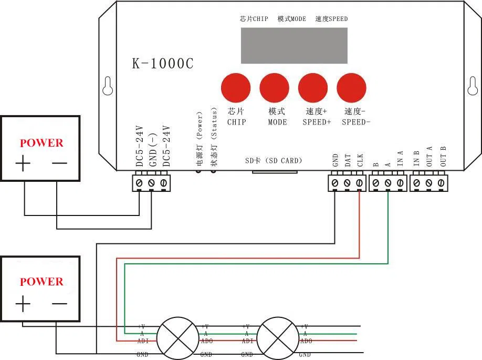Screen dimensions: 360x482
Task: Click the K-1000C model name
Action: click(162, 64)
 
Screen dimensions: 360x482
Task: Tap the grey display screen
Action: click(294, 45)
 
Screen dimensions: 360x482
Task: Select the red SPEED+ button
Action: click(313, 88)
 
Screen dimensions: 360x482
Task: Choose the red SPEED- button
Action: click(351, 88)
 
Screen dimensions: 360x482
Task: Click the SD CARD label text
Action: click(274, 160)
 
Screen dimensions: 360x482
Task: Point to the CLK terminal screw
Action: click(359, 183)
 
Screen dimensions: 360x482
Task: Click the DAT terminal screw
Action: click(347, 183)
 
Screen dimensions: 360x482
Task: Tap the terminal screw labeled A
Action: click(387, 183)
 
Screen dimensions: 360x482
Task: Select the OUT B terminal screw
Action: click(442, 183)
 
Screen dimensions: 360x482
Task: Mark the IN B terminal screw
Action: click(416, 183)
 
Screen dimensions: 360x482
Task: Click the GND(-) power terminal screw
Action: click(151, 183)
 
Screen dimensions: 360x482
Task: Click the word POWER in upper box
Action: click(41, 143)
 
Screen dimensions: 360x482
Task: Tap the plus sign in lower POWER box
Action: click(23, 304)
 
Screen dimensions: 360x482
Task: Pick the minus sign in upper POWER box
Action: click(59, 163)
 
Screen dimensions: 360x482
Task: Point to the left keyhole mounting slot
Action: click(108, 86)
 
